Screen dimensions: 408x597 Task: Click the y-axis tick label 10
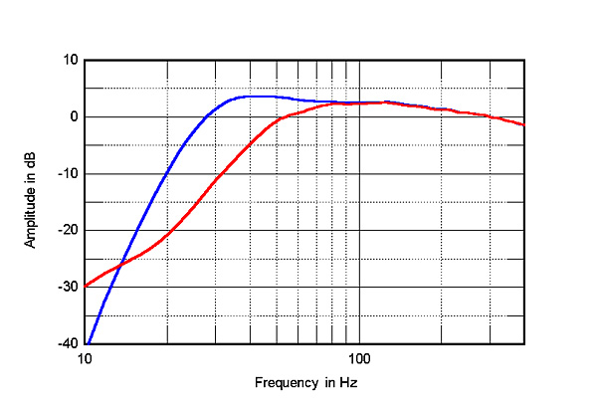[71, 60]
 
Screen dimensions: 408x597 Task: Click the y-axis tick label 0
[74, 116]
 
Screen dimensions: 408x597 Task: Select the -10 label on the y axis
[69, 174]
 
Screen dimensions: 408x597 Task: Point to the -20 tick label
[69, 231]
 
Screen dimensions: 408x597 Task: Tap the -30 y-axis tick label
[69, 288]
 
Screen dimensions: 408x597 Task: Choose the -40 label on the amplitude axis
[69, 344]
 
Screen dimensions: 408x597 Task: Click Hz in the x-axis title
[348, 382]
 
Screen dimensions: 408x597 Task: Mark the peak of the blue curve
[257, 96]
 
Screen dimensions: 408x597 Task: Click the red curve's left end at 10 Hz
[87, 286]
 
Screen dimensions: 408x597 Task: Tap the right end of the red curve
[523, 125]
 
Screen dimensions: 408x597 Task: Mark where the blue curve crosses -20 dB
[137, 231]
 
